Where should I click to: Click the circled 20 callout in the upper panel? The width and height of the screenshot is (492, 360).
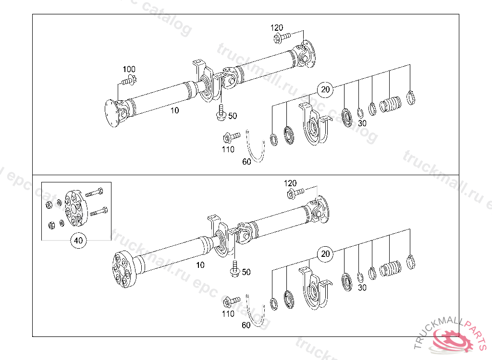(326, 89)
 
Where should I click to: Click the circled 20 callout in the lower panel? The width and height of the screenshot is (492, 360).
(326, 254)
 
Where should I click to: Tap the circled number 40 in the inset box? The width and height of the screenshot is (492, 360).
(79, 240)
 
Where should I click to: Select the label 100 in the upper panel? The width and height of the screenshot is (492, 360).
(129, 69)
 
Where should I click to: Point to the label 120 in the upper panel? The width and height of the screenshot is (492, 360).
(277, 28)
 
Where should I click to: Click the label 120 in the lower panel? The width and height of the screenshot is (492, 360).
(290, 183)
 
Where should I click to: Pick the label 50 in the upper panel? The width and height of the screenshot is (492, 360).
(233, 116)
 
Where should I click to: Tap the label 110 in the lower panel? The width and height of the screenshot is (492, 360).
(228, 314)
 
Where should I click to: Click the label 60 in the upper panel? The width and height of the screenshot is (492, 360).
(246, 162)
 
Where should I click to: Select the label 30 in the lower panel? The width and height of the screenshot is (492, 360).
(362, 288)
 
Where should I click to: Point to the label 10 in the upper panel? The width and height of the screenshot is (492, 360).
(174, 110)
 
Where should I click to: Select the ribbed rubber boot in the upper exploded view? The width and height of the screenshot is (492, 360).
(390, 104)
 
